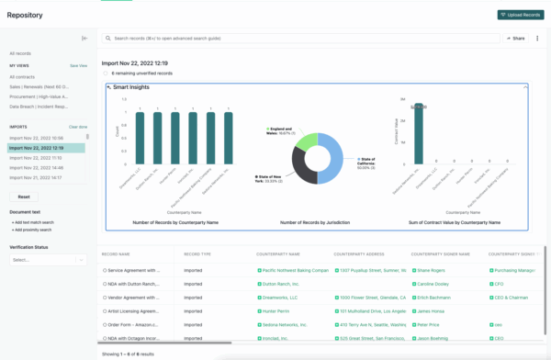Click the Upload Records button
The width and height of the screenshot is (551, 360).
coord(521,16)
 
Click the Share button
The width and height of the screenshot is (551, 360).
coord(514,39)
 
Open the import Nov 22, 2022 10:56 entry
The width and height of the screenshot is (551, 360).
coord(37,137)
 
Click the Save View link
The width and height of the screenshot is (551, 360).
coord(79,66)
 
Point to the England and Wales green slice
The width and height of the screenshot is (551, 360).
coord(305,141)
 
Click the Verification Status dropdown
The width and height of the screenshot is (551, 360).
coord(46,259)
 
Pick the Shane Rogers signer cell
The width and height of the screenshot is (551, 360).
coord(432,271)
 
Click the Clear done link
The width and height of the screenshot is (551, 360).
coord(78,127)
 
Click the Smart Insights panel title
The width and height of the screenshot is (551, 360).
coord(134,87)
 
